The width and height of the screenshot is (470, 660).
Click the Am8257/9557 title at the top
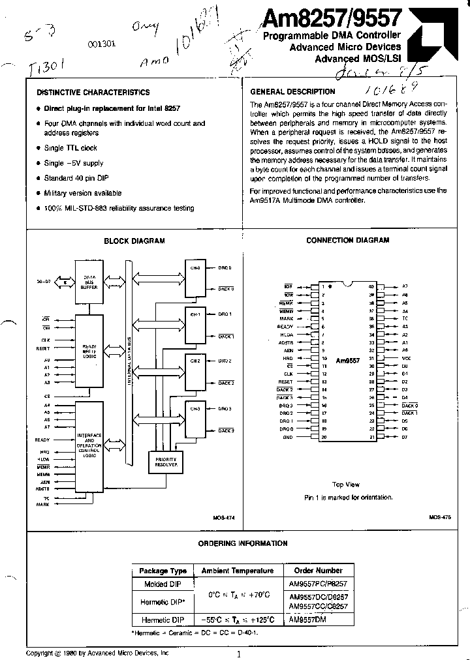(x=332, y=18)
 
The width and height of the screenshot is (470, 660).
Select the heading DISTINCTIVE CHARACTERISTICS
(x=93, y=93)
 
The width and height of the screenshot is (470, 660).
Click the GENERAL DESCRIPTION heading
(x=292, y=92)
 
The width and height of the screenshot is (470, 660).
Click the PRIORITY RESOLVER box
(x=166, y=461)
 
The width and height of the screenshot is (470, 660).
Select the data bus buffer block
(x=88, y=282)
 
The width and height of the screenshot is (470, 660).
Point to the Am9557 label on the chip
(x=348, y=360)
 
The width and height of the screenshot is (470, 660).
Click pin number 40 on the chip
(x=371, y=286)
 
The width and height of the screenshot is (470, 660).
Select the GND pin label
(x=287, y=437)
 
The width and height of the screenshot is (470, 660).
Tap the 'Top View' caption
(x=346, y=485)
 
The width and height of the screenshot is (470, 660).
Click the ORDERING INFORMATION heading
(x=242, y=543)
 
